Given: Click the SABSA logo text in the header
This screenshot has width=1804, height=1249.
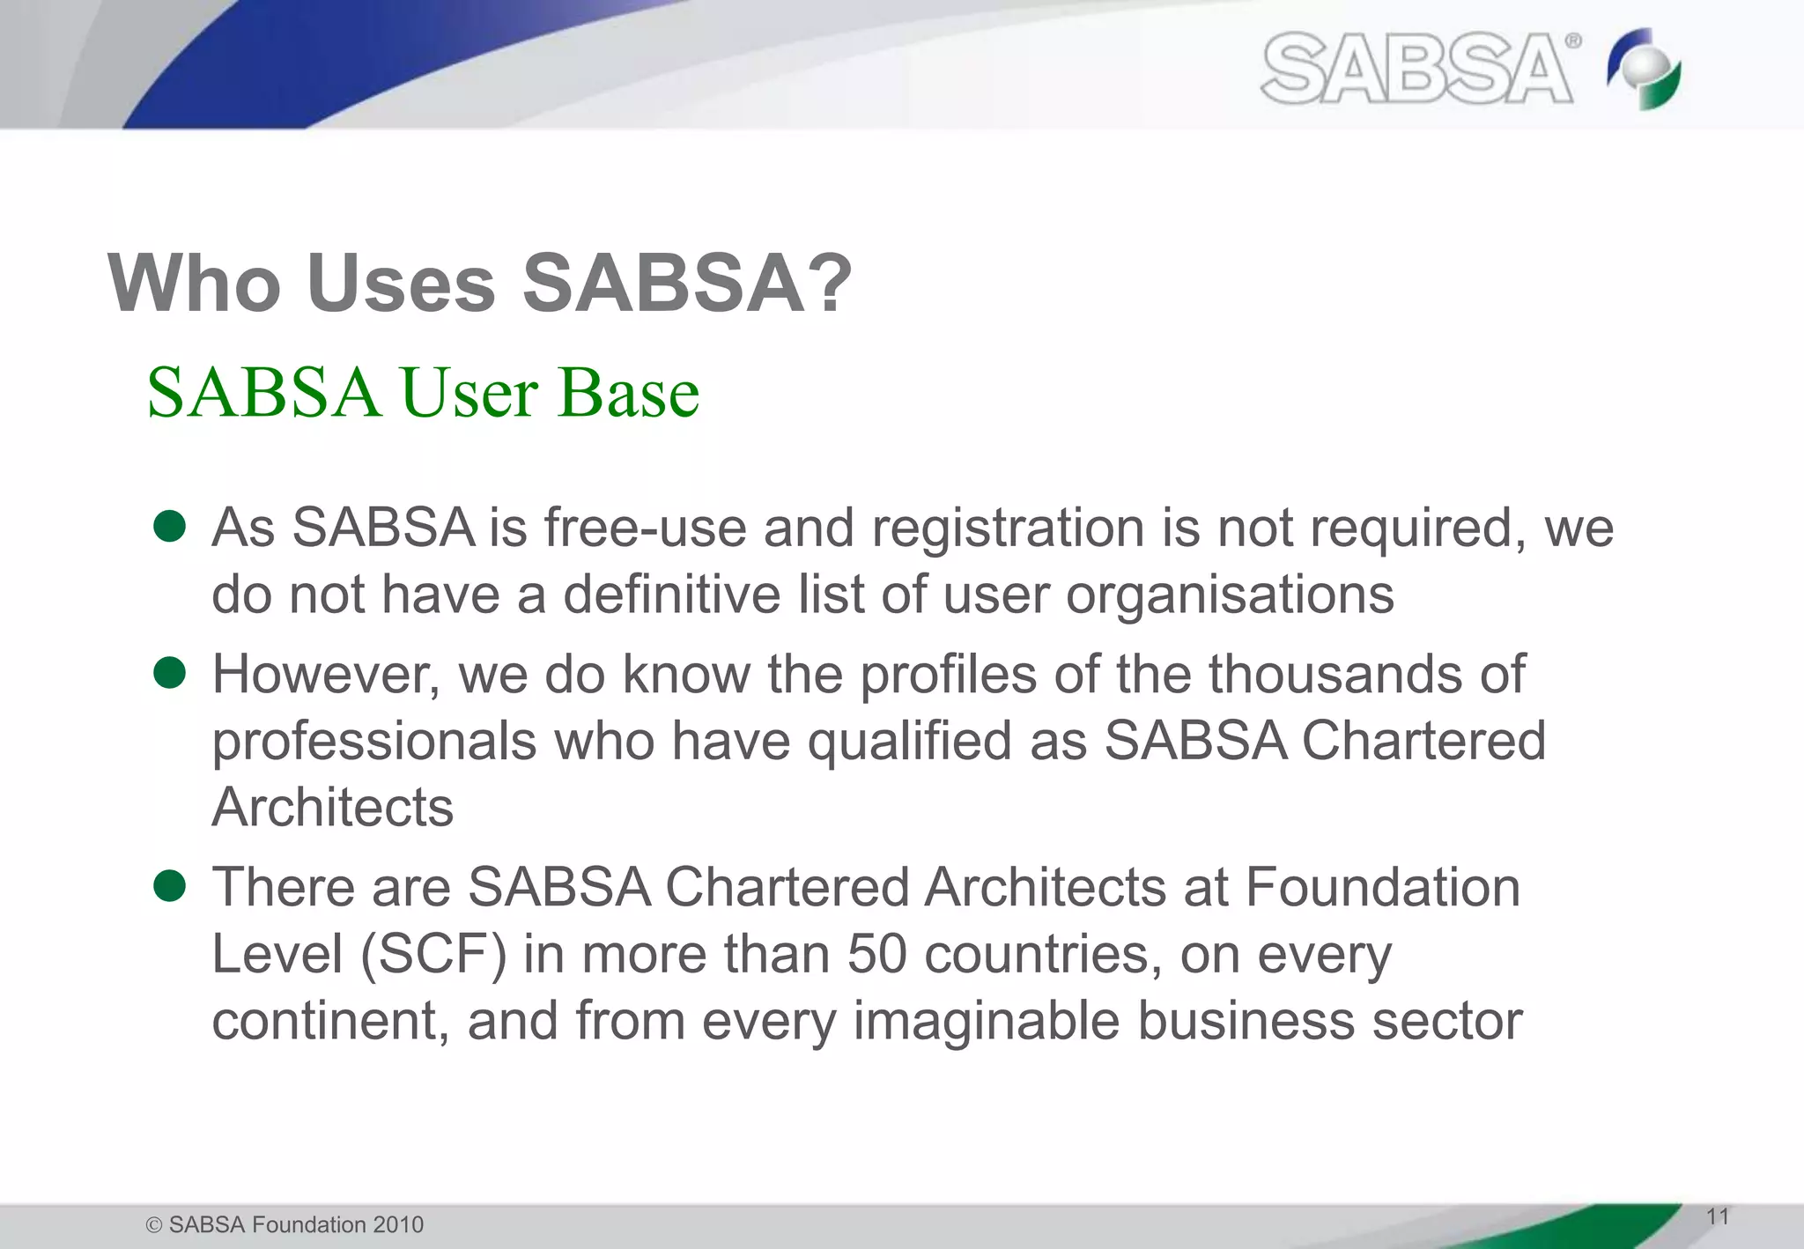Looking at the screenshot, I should (x=1418, y=69).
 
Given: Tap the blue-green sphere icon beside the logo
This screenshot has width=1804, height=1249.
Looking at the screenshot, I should (x=1644, y=69).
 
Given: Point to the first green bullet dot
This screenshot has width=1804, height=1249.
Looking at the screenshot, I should (x=169, y=527).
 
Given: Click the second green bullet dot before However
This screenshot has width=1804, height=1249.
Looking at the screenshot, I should (x=169, y=674).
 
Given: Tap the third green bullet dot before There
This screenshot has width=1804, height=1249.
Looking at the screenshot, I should (x=169, y=886).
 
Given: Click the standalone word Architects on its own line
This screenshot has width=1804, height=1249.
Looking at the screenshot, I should (x=332, y=808).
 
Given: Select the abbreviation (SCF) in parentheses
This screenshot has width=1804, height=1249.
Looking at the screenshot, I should (x=433, y=955).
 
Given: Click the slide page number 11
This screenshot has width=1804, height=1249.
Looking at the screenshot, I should (x=1717, y=1217).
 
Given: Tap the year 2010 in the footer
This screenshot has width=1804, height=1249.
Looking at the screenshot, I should (x=398, y=1225).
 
